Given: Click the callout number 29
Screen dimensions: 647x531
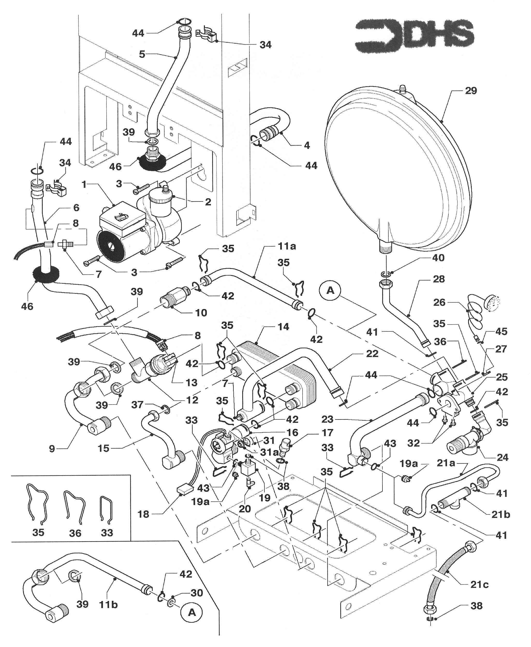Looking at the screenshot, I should coord(471,91).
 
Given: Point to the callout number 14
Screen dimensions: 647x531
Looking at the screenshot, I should coord(283,327).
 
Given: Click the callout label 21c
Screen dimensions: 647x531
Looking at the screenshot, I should coord(479,585).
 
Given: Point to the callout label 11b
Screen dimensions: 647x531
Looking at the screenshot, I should coord(108,605).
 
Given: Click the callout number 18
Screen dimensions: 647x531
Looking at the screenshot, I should coord(143,514).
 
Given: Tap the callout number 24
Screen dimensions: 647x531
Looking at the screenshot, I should coord(503,457).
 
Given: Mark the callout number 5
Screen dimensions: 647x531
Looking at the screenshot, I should coord(142,54).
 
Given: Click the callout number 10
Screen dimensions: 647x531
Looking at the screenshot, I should coord(201,312).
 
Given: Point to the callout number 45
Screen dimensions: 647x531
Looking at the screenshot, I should coord(501,331).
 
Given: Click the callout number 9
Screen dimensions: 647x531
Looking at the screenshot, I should coord(52,449).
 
